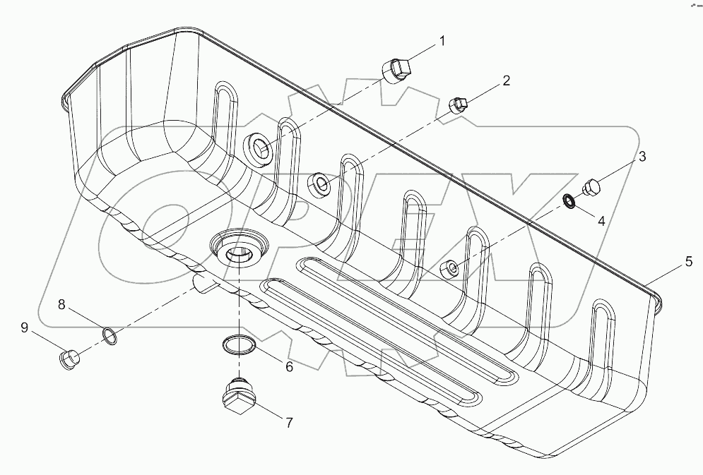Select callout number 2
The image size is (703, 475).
[x=505, y=80]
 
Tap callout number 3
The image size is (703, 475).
[x=642, y=157]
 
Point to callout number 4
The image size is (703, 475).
[x=601, y=220]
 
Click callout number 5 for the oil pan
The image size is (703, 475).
[x=688, y=261]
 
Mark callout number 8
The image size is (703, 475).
[x=62, y=305]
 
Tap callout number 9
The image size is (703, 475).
[x=24, y=327]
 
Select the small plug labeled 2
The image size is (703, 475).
[x=459, y=105]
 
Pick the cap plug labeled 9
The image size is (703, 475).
[x=69, y=359]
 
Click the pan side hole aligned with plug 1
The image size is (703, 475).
[x=259, y=148]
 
